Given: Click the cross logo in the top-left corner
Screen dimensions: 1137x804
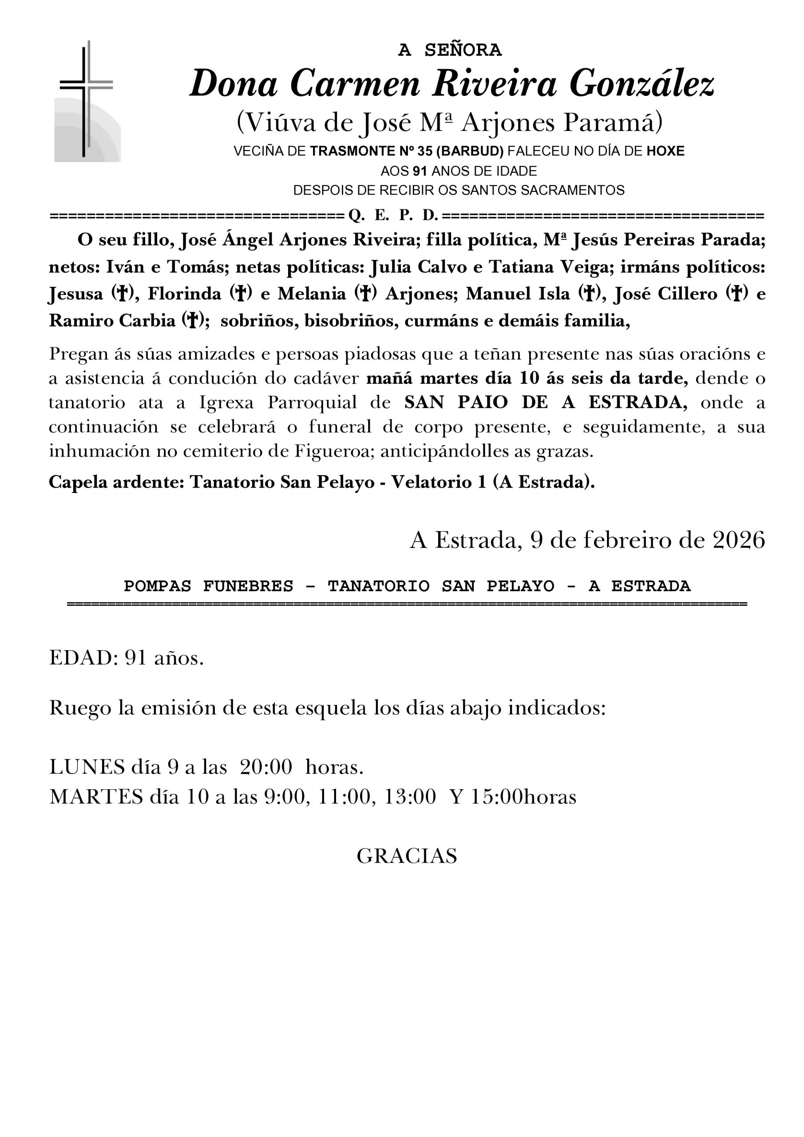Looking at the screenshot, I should pyautogui.click(x=87, y=102).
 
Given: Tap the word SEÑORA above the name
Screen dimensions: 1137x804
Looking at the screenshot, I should pyautogui.click(x=463, y=50).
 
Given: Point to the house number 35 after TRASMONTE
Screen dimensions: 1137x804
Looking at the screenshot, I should pyautogui.click(x=425, y=151).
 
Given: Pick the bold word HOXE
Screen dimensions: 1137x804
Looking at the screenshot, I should pyautogui.click(x=665, y=151).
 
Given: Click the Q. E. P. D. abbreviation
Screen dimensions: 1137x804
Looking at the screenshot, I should pyautogui.click(x=393, y=215).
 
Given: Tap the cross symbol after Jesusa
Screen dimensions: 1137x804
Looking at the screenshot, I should pyautogui.click(x=119, y=294).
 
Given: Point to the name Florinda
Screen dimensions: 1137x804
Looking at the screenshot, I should pyautogui.click(x=184, y=294).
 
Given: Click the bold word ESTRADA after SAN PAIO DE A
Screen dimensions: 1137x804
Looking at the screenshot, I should pyautogui.click(x=638, y=402).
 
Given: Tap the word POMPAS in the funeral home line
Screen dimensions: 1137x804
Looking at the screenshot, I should pyautogui.click(x=157, y=586).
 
